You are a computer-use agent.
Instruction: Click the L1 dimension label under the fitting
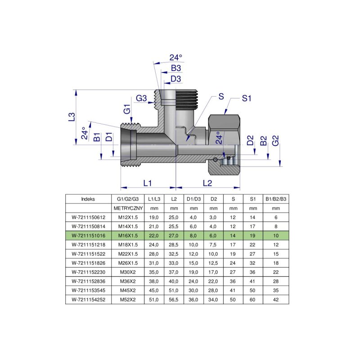tap(147, 183)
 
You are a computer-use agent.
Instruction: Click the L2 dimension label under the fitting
tap(207, 183)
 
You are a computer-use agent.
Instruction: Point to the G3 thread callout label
tap(142, 99)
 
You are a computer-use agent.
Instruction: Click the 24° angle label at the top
tap(175, 58)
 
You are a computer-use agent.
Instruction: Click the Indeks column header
tap(88, 198)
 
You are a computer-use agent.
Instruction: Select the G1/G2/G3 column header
tap(127, 198)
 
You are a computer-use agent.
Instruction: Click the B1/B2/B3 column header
tap(276, 198)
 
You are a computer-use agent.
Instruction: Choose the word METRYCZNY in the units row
tap(127, 208)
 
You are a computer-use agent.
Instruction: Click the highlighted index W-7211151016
tap(88, 235)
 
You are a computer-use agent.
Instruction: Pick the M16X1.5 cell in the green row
tap(127, 235)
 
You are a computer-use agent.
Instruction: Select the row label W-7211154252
tap(88, 299)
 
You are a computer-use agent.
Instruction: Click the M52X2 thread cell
tap(127, 299)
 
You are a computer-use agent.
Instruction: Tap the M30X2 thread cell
tap(127, 271)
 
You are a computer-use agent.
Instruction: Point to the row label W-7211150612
tap(88, 217)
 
